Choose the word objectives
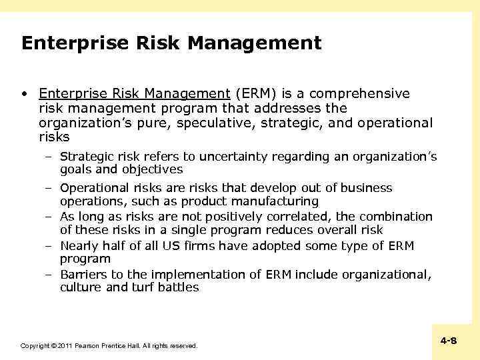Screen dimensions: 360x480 (x=151, y=169)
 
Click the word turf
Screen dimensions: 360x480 (x=141, y=287)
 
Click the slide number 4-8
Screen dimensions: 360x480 (x=448, y=341)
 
